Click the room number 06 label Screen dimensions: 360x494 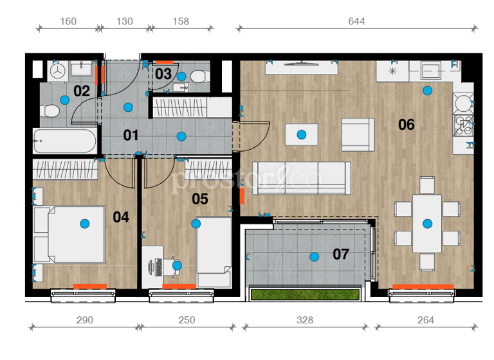click(x=406, y=124)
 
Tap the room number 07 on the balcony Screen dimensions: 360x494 click(x=340, y=254)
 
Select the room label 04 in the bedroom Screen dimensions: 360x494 click(x=121, y=217)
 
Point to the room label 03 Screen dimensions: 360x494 click(x=163, y=73)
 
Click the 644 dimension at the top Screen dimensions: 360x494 click(x=356, y=21)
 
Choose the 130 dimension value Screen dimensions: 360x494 click(x=124, y=21)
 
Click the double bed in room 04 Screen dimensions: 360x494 click(x=69, y=235)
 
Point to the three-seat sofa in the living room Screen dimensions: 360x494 click(x=302, y=177)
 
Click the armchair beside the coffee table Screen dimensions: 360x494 click(x=358, y=134)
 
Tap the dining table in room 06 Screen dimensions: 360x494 click(x=427, y=224)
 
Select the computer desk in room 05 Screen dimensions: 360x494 click(x=161, y=264)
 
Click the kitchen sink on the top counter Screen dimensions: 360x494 click(x=430, y=69)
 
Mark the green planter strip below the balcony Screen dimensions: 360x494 click(x=304, y=294)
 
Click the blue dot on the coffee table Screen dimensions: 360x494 click(x=301, y=134)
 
